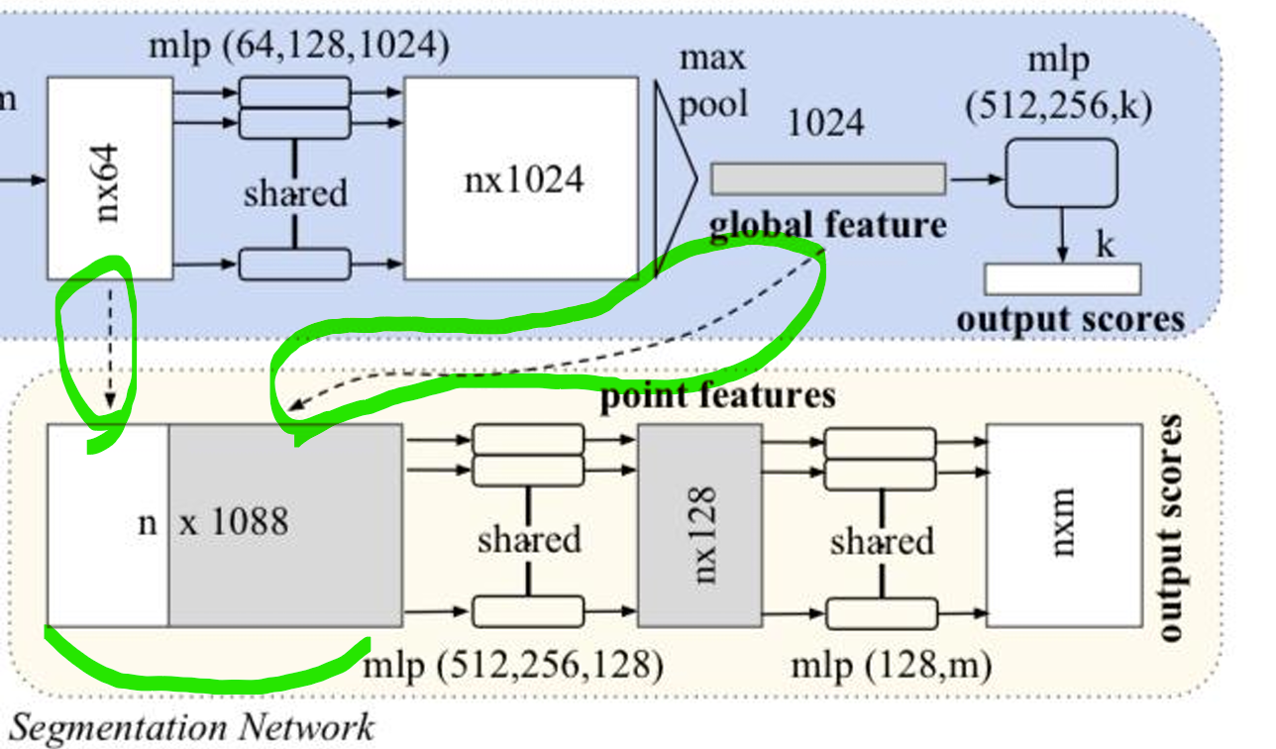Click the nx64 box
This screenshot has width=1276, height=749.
click(97, 178)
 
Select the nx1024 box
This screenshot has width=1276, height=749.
click(521, 178)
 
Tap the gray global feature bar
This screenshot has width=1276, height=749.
click(827, 178)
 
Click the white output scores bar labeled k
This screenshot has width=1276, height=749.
click(1062, 279)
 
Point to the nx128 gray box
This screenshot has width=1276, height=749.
click(700, 525)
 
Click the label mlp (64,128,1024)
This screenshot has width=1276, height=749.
click(297, 46)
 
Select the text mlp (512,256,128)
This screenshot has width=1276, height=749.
click(512, 664)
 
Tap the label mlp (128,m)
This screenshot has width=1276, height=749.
click(891, 664)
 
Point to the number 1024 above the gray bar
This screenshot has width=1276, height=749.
click(825, 123)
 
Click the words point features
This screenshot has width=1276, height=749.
click(717, 395)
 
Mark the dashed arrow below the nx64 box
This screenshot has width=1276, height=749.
click(109, 347)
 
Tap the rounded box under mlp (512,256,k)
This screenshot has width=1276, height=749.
click(1061, 173)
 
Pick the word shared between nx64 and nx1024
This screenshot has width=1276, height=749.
click(295, 192)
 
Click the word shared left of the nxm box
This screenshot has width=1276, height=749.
click(881, 541)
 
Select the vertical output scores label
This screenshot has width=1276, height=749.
click(1170, 527)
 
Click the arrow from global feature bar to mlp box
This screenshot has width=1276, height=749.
click(975, 179)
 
